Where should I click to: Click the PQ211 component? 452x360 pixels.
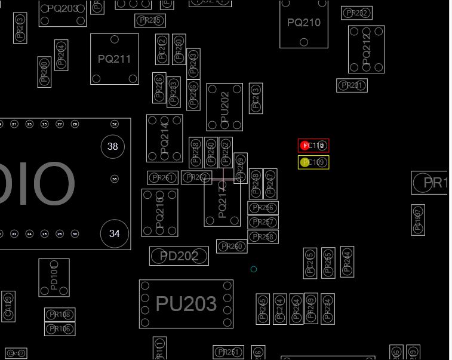click(x=115, y=59)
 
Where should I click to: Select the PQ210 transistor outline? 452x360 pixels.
click(x=304, y=23)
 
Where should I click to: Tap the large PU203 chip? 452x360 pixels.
click(x=186, y=304)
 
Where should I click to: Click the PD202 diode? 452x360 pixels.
click(x=179, y=256)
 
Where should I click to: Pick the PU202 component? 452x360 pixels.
click(x=225, y=107)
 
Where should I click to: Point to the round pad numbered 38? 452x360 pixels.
click(x=113, y=146)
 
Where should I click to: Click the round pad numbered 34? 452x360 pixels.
click(x=114, y=233)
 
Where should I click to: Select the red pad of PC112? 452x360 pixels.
click(x=305, y=145)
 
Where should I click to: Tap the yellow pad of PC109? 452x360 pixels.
click(x=305, y=162)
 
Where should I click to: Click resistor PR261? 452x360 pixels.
click(x=162, y=178)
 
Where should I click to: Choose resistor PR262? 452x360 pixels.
click(x=196, y=177)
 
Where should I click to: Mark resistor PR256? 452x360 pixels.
click(x=263, y=208)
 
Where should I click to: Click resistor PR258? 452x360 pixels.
click(x=263, y=237)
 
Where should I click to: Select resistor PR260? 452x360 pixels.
click(x=232, y=247)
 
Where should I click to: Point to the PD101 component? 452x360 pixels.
click(x=54, y=278)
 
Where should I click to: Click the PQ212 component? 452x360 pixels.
click(x=366, y=49)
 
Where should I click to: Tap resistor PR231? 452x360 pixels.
click(x=352, y=85)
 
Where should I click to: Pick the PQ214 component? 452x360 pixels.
click(x=164, y=138)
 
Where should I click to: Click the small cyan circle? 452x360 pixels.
click(x=254, y=269)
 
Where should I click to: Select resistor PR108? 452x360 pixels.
click(x=60, y=315)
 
